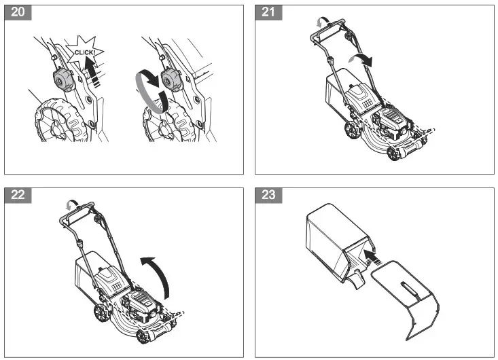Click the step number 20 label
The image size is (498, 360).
tap(16, 14)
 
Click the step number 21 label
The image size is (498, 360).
tap(266, 14)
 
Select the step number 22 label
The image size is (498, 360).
tap(16, 196)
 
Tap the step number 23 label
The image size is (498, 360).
tap(266, 196)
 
